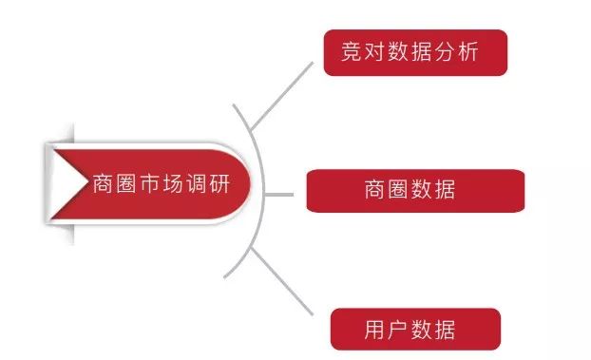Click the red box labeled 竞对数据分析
(x=415, y=52)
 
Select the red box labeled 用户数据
(x=415, y=329)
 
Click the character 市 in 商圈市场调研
(x=150, y=183)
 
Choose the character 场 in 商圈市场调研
(x=172, y=183)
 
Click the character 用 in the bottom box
(x=374, y=330)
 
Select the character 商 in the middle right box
(x=374, y=190)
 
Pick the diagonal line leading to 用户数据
(x=282, y=284)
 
